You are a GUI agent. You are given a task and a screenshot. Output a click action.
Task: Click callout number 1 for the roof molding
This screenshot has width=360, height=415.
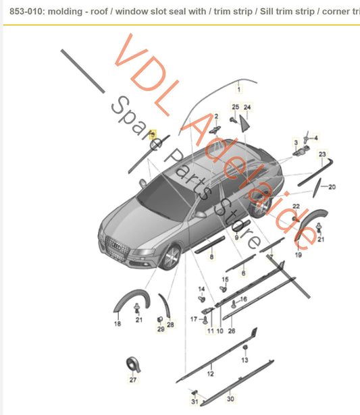coord(238,90)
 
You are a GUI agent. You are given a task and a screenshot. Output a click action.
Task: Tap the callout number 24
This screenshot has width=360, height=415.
coord(247,107)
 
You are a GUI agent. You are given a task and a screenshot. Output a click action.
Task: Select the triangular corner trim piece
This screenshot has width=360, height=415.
coord(245,123)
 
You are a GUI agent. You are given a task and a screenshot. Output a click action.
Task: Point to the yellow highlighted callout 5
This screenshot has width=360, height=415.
coord(153,134)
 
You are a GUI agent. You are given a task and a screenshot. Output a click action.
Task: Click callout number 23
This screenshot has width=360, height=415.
coord(322,154)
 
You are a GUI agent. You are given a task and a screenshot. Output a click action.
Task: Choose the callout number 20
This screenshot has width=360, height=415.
coord(332,187)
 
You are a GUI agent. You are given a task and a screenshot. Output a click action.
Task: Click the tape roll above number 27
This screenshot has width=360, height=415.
coord(133,364)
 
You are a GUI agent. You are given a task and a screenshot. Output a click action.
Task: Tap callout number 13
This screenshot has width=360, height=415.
coord(245,360)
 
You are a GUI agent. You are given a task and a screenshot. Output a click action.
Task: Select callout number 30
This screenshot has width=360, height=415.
coord(230,399)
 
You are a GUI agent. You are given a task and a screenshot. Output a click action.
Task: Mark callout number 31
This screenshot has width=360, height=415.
coord(195,402)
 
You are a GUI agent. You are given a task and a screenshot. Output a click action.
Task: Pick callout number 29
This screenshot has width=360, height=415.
coord(161,329)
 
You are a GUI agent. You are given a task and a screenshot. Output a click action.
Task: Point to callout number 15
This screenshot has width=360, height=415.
coord(225,279)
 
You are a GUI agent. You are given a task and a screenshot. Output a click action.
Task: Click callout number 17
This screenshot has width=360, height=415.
coord(194,319)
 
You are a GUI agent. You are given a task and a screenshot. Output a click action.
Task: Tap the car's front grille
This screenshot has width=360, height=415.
coord(118,247)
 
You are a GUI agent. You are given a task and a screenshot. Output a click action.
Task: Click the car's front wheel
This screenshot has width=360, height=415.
coord(171,258)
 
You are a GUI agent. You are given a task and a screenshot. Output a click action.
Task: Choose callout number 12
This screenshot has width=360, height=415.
coord(210,373)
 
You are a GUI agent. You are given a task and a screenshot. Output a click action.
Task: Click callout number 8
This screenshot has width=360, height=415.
coord(211,256)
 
